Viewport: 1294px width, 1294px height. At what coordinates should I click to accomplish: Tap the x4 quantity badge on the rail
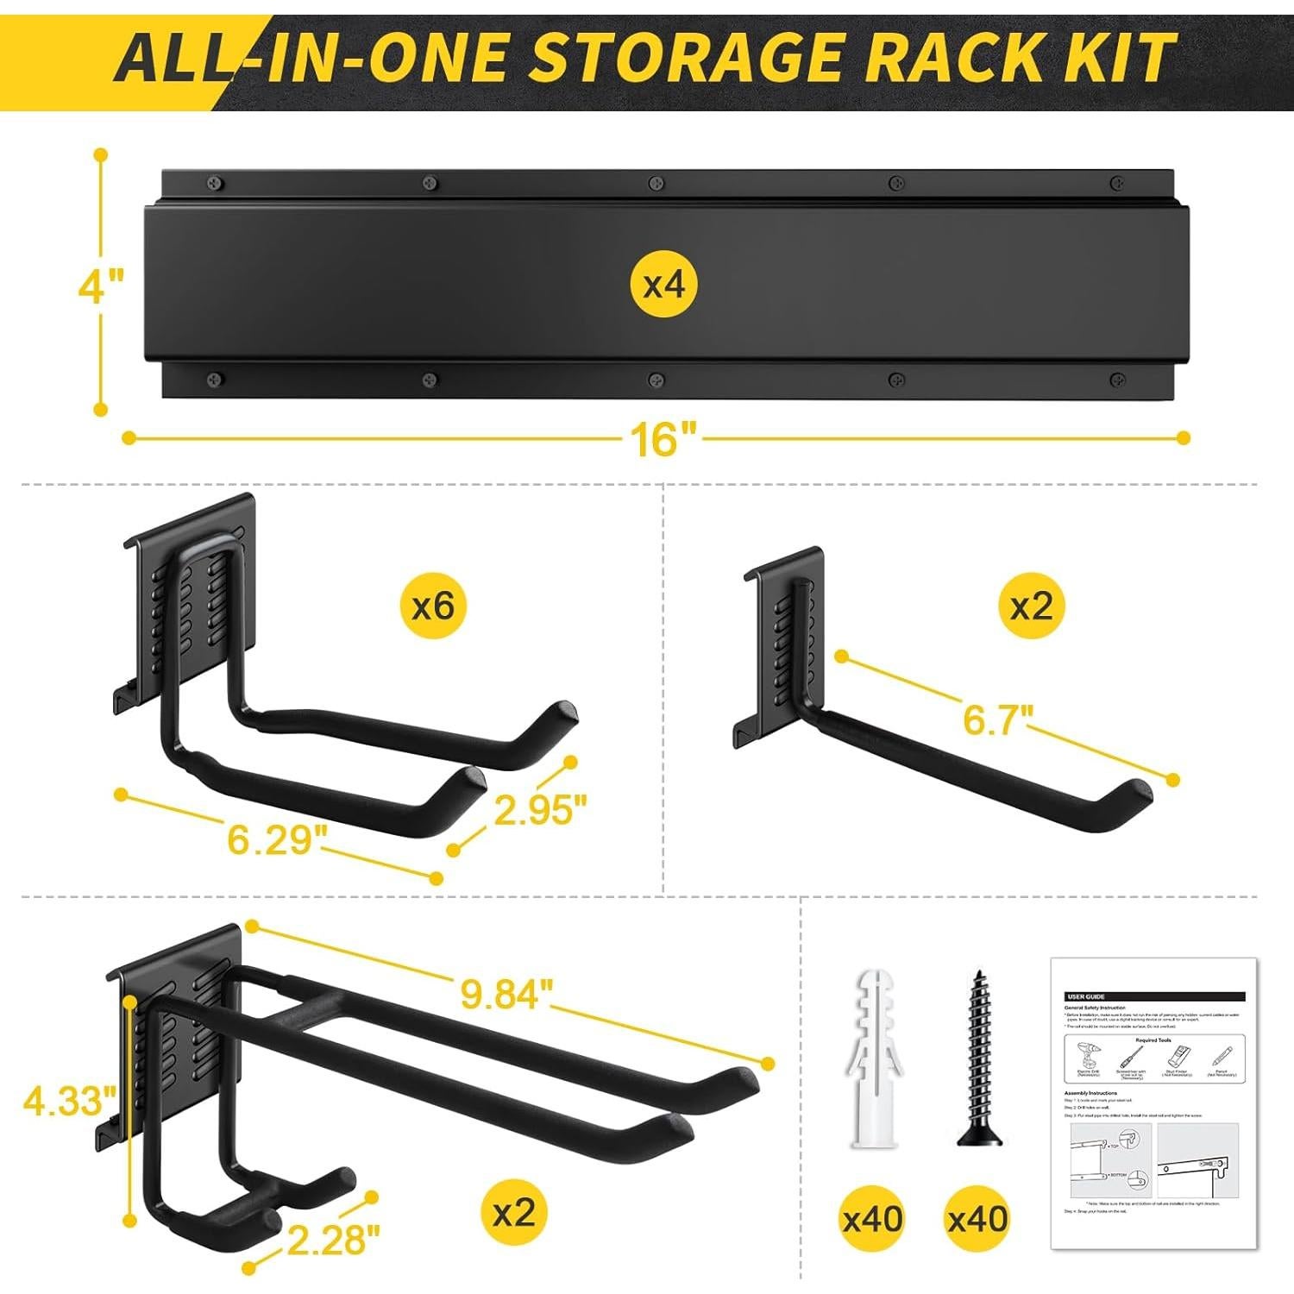point(663,283)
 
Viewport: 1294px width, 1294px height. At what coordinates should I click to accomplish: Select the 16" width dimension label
point(662,440)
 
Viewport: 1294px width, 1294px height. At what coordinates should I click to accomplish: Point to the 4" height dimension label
point(101,286)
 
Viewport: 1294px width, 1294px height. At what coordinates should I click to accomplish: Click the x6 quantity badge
point(432,606)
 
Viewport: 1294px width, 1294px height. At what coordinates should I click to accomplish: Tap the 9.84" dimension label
point(505,995)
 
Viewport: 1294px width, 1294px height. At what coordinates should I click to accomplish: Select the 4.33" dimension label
point(69,1101)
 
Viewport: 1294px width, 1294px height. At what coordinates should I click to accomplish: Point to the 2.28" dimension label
point(333,1241)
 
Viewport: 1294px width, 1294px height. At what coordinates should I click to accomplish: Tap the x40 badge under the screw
point(977,1218)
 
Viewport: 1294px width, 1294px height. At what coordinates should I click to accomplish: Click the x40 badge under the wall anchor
point(872,1218)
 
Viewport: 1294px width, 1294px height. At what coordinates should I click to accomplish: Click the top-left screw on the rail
point(213,183)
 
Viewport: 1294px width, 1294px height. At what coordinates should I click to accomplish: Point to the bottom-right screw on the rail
point(1117,379)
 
